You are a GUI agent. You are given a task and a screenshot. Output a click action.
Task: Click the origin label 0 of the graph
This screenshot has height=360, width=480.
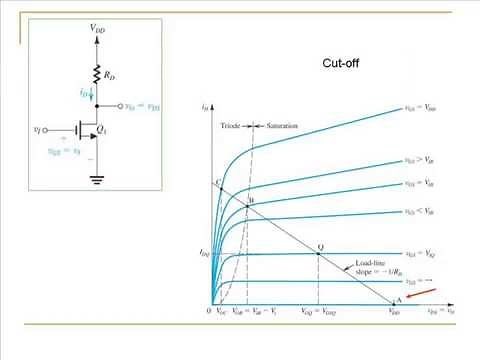coord(207,313)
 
